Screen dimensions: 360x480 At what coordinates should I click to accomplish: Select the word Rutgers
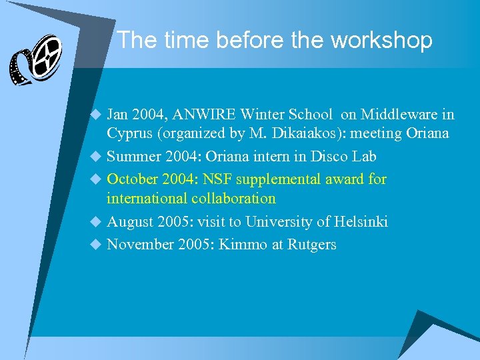(x=312, y=245)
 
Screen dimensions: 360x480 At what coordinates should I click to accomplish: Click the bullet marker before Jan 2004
(x=95, y=115)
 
